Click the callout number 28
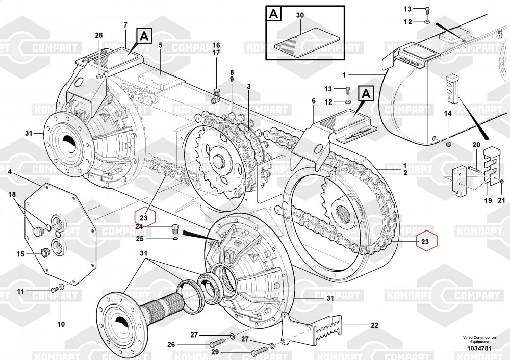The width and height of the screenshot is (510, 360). (98, 35)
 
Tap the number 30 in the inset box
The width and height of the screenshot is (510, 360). (300, 16)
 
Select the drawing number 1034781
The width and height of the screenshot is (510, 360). (479, 349)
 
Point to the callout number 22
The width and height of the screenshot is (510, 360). (374, 325)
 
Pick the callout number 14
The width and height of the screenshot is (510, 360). (447, 114)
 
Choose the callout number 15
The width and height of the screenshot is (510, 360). (20, 253)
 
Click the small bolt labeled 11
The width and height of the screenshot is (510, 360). (53, 290)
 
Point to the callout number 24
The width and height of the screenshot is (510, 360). (139, 227)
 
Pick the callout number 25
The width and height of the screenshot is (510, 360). (139, 239)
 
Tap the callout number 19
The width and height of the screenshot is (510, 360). (488, 201)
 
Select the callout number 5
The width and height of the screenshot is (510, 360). (160, 45)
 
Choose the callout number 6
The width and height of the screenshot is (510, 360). (314, 101)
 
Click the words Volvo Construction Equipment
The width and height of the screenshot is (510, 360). (479, 339)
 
